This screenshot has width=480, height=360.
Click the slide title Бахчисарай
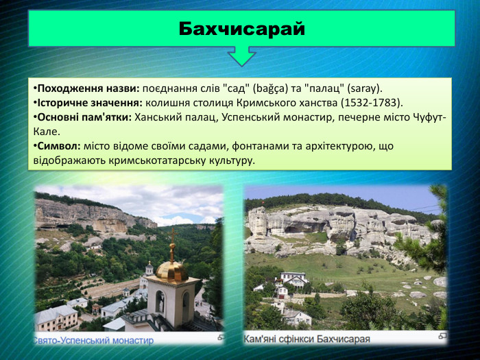click(241, 29)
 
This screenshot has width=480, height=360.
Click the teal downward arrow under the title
click(241, 56)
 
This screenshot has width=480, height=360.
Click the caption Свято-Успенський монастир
click(94, 339)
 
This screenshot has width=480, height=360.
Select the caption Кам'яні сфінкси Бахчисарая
click(307, 339)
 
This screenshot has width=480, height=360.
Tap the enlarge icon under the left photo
click(220, 338)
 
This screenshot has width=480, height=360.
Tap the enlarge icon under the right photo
click(442, 337)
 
